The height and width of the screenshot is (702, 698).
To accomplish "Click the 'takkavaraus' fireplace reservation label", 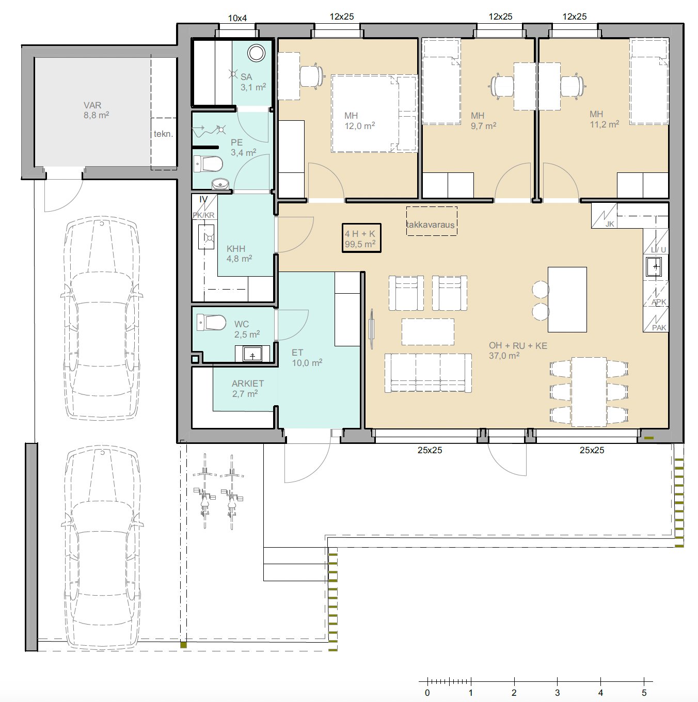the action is pyautogui.click(x=431, y=225).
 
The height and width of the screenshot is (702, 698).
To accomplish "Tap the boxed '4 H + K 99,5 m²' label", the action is pyautogui.click(x=361, y=238).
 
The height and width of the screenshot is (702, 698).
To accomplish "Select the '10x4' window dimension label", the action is pyautogui.click(x=237, y=18).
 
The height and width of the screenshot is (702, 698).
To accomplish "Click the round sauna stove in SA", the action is pyautogui.click(x=257, y=53).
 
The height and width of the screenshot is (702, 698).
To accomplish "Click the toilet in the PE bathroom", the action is pyautogui.click(x=208, y=164).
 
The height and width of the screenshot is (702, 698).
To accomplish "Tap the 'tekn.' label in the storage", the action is pyautogui.click(x=163, y=134).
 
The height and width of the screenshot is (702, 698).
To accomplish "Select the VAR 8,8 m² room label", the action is pyautogui.click(x=96, y=110).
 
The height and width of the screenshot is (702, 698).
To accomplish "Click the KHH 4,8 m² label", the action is pyautogui.click(x=239, y=253).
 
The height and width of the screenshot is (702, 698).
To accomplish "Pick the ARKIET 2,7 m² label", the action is pyautogui.click(x=247, y=388).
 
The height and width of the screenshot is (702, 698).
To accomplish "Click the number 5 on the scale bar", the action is pyautogui.click(x=644, y=693).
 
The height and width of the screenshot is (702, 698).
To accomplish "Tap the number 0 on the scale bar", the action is pyautogui.click(x=427, y=693).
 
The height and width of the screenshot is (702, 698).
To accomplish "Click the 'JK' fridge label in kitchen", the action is pyautogui.click(x=610, y=224).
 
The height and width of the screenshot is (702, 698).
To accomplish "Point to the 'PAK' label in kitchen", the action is pyautogui.click(x=659, y=327).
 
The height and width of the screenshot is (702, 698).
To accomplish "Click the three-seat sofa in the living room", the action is pyautogui.click(x=429, y=373).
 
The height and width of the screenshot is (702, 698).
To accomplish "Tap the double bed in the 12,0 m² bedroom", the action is pyautogui.click(x=374, y=113).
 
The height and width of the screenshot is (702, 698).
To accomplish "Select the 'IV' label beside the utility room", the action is pyautogui.click(x=203, y=199).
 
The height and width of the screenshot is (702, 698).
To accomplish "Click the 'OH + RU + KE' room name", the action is pyautogui.click(x=518, y=345).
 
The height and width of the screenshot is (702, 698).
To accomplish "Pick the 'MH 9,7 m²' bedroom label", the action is pyautogui.click(x=483, y=121).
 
